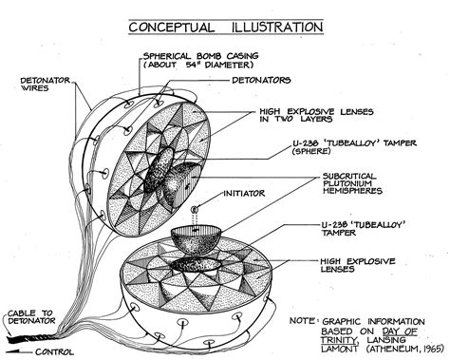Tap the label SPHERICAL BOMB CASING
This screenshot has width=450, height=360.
(207, 55)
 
